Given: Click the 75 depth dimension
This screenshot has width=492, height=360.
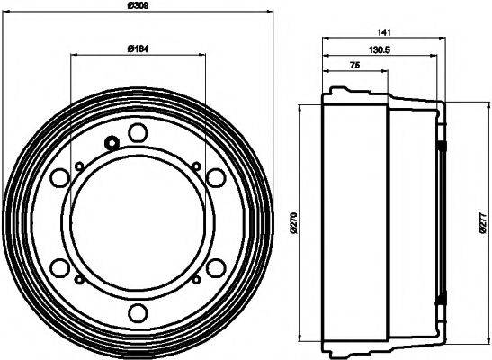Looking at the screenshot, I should click(355, 67).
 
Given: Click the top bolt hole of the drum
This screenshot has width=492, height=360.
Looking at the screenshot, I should click(138, 133).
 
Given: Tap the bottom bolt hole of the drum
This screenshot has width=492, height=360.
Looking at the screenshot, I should click(138, 311).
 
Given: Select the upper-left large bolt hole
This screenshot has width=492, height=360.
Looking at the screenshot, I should click(60, 177).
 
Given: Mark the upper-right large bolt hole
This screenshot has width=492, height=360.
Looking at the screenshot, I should click(215, 177).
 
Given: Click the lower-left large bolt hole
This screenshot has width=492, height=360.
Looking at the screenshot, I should click(60, 267).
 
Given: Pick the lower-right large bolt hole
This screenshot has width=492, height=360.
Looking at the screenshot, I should click(215, 267).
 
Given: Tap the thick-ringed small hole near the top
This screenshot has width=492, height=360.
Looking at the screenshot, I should click(112, 142).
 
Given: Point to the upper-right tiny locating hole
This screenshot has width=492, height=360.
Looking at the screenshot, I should click(195, 165).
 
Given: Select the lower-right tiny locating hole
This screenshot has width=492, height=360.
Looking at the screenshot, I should click(195, 280).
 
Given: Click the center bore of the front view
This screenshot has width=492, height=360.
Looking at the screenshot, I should click(138, 222).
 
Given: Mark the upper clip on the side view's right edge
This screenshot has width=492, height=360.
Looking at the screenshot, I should click(442, 145).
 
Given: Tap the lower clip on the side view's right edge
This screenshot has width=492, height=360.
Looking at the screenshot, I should click(442, 300).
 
